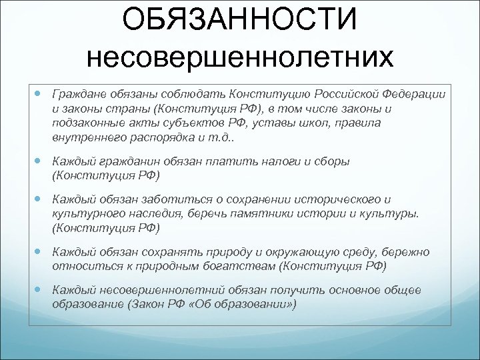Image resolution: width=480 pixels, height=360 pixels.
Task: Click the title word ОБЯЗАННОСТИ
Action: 240,21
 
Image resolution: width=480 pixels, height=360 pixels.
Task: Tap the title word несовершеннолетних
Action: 240,58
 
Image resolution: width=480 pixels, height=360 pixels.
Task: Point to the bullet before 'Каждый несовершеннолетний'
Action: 39,291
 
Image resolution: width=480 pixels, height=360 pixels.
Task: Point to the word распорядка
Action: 153,137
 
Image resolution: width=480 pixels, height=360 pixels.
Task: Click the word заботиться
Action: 165,199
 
